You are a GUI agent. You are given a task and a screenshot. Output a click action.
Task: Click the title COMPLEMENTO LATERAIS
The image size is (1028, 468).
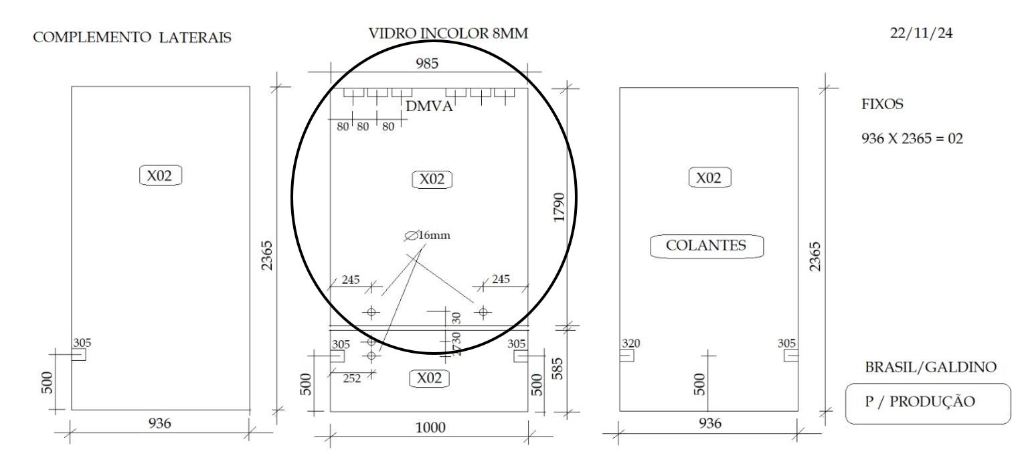pyautogui.click(x=132, y=37)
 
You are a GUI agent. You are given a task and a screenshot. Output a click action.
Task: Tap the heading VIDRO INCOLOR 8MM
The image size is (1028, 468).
pyautogui.click(x=448, y=33)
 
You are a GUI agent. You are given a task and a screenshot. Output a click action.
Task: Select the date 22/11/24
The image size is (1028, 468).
pyautogui.click(x=921, y=33)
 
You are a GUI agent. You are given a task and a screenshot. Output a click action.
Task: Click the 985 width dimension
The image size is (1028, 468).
pyautogui.click(x=427, y=63)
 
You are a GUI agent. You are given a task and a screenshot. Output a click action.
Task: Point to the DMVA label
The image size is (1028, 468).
pyautogui.click(x=429, y=106)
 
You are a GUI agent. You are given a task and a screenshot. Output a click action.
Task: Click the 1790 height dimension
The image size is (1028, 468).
pyautogui.click(x=559, y=208)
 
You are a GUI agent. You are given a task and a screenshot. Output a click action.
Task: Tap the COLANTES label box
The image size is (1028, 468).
pyautogui.click(x=707, y=246)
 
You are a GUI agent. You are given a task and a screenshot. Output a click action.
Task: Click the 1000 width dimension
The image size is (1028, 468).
pyautogui.click(x=430, y=428)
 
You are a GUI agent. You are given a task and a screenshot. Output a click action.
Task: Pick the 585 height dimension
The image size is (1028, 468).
pyautogui.click(x=557, y=369)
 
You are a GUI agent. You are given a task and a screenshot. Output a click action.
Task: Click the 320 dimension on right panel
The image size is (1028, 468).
pyautogui.click(x=630, y=343)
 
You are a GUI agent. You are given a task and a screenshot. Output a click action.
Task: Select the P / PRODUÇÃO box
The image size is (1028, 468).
pyautogui.click(x=928, y=403)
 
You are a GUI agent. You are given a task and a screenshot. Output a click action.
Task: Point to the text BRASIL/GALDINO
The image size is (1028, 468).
pyautogui.click(x=931, y=367)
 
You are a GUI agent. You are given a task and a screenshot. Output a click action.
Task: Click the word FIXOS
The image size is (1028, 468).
pyautogui.click(x=882, y=104)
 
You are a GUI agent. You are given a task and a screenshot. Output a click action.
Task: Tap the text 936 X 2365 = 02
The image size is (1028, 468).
pyautogui.click(x=912, y=138)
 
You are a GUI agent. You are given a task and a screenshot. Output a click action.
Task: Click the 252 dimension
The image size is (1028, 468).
pyautogui.click(x=351, y=378)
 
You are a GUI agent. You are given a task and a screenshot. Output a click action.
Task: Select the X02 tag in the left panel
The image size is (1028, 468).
pyautogui.click(x=160, y=175)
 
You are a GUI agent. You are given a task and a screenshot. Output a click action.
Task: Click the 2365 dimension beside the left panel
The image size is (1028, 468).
pyautogui.click(x=266, y=255)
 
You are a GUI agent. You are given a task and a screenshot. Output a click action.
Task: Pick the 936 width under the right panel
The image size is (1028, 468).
pyautogui.click(x=710, y=423)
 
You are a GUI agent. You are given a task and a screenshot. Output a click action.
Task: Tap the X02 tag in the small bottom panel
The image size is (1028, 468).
pyautogui.click(x=429, y=378)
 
